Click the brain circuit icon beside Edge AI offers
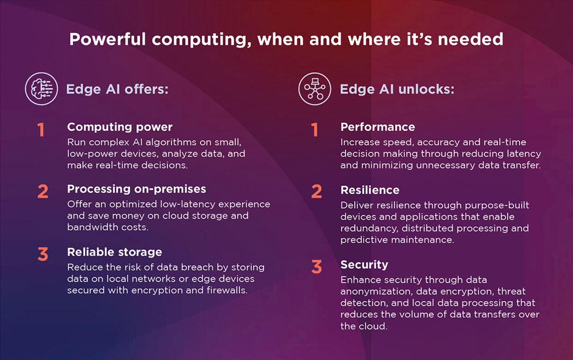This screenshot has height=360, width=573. pos(41,89)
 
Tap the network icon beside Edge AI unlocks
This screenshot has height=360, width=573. pos(314,89)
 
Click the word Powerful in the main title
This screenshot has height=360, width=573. pos(107,39)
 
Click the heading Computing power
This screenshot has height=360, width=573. pos(120,127)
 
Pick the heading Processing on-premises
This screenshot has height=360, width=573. pos(136,189)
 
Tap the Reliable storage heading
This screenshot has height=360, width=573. pos(114,252)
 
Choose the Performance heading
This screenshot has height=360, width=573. pos(377,127)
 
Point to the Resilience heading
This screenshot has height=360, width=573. pos(370,190)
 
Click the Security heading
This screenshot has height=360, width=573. pos(364,264)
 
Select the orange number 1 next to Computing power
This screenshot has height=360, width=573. pos(41,130)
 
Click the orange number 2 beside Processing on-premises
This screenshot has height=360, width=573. pos(43,191)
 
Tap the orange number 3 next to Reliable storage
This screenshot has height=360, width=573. pos(43,254)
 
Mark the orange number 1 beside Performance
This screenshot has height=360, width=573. pos(314,130)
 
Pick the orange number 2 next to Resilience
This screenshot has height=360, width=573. pos(316,191)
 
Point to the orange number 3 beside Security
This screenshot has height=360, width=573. pos(316,267)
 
